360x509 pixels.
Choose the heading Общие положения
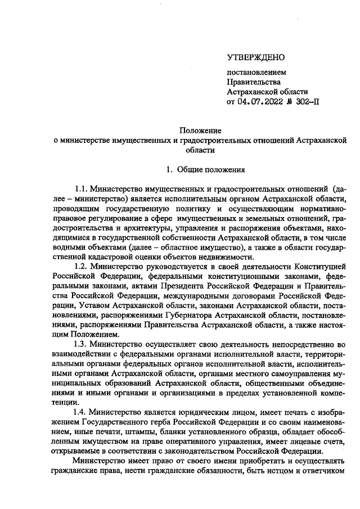tap(209, 169)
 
